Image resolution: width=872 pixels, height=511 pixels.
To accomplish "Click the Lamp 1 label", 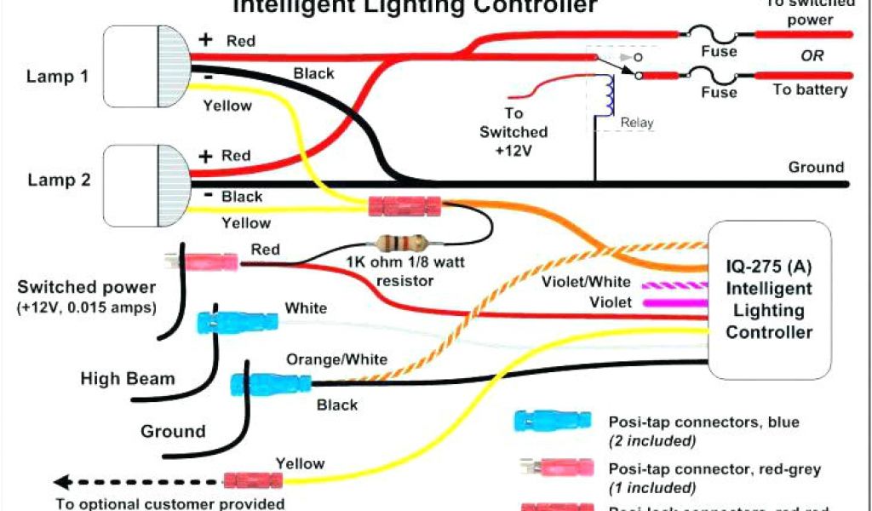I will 58,76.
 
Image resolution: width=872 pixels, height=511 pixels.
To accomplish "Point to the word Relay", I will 636,123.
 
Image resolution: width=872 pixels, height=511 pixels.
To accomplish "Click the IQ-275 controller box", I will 768,299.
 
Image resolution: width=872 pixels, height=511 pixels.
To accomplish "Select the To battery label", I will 809,89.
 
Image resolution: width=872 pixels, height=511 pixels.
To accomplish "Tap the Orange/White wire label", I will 336,359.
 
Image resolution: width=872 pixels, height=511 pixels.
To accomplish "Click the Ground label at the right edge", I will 815,167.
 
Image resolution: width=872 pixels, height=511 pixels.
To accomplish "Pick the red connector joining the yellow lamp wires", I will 404,206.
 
